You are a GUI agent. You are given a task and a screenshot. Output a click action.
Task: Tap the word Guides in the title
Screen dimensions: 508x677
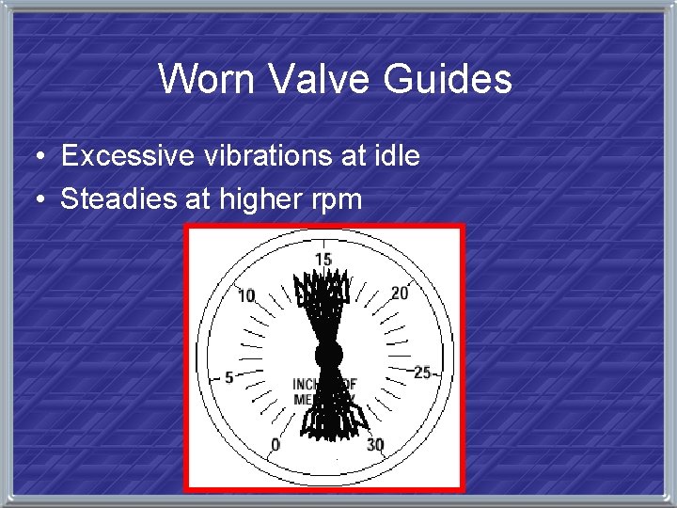(x=448, y=79)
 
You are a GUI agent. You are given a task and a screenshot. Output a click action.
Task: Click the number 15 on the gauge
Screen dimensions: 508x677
(x=323, y=260)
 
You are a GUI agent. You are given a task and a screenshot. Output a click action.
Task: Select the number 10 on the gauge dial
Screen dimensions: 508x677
(x=246, y=296)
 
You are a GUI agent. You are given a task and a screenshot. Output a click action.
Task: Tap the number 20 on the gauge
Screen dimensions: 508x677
(x=400, y=294)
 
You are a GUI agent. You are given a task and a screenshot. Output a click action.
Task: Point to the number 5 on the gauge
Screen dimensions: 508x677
(x=228, y=377)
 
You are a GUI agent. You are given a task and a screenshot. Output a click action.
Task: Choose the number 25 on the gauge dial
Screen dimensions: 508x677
(x=422, y=373)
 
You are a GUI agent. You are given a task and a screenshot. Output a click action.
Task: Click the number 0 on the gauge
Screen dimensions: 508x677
(x=276, y=444)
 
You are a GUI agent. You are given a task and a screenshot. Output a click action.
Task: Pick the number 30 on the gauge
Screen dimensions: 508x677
(x=375, y=444)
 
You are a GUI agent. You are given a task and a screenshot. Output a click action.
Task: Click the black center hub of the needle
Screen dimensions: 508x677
(x=327, y=356)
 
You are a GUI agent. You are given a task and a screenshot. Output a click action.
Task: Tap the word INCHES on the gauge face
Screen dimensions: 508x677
(x=307, y=384)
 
